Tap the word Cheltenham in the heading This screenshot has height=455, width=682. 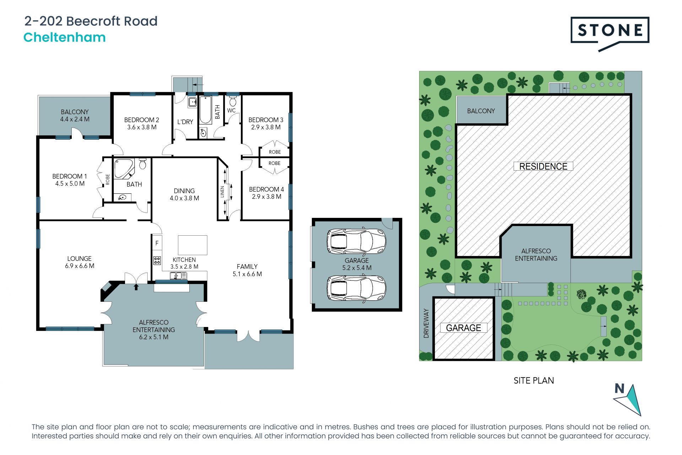[65, 37]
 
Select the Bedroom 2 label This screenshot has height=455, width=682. [142, 120]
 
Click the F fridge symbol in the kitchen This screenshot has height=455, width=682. [157, 243]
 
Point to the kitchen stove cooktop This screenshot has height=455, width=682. [157, 261]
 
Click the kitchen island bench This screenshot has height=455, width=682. [193, 245]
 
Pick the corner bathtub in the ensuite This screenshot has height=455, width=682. [124, 169]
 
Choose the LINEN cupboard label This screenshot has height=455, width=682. [222, 192]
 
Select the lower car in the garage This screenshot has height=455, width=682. [356, 288]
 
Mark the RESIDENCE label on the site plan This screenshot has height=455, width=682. [543, 166]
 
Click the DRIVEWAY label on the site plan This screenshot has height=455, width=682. [426, 323]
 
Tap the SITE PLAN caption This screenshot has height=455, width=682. [534, 381]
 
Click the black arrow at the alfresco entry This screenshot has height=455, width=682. [136, 287]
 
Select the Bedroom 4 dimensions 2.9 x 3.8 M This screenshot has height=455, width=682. [267, 197]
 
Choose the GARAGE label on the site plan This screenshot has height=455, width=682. [464, 328]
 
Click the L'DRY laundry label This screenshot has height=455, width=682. [185, 122]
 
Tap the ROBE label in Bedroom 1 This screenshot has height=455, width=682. [108, 180]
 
